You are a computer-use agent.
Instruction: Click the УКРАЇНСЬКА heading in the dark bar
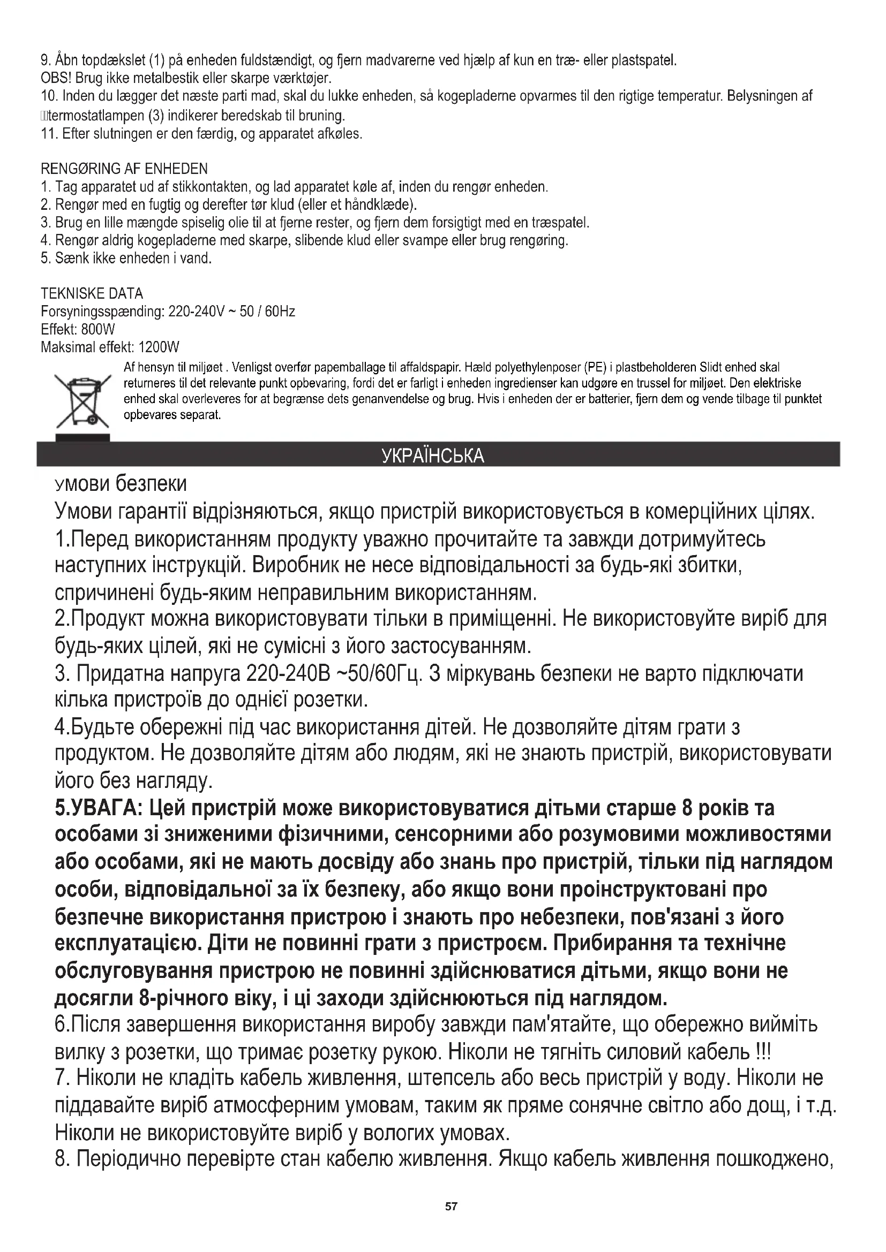(x=433, y=456)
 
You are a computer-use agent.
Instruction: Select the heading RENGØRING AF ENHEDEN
(x=124, y=169)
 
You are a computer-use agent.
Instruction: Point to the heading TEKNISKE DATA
(x=92, y=294)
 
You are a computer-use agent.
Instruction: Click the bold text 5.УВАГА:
(x=99, y=808)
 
